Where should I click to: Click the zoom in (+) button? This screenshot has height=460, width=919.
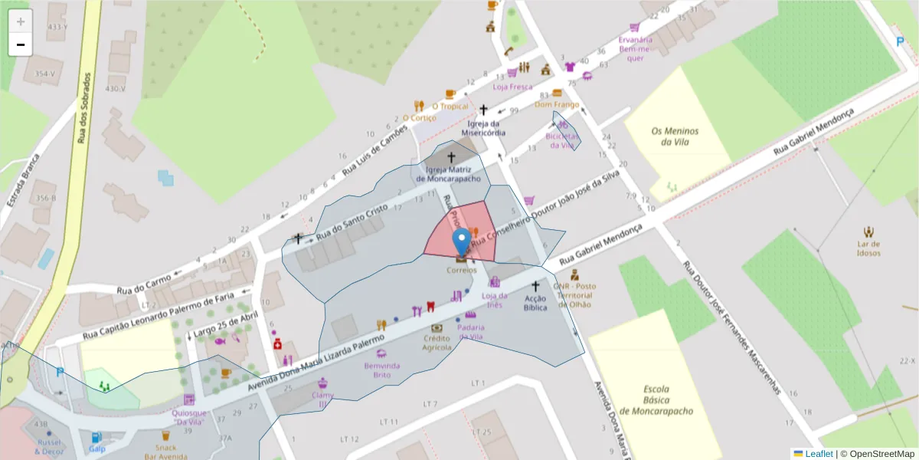pos(21,21)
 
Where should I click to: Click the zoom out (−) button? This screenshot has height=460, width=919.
pos(21,44)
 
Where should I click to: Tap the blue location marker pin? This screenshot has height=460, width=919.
pos(462,242)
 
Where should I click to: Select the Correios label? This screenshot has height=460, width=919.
pos(462,270)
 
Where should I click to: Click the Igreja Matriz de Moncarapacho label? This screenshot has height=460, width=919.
pos(453,174)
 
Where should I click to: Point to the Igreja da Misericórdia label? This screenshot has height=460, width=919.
pos(483,127)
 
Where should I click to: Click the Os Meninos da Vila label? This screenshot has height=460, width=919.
pos(672,136)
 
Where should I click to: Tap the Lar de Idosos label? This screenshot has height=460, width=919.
pos(868,248)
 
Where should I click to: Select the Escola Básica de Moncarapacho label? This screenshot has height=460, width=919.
pos(656,399)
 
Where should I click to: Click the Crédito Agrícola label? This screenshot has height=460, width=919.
pos(437,343)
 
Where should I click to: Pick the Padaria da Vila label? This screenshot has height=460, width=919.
pos(471,332)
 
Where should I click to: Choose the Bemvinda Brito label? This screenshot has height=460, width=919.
pos(381,370)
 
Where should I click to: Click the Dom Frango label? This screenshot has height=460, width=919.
pos(557,104)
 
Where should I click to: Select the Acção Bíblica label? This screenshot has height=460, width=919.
pos(535,303)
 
